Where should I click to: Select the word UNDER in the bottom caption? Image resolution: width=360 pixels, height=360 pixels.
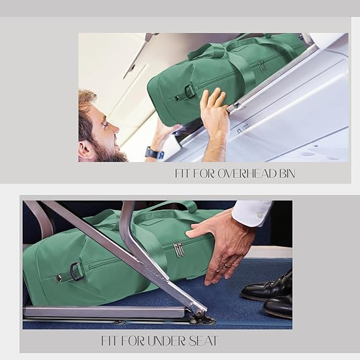(166, 341)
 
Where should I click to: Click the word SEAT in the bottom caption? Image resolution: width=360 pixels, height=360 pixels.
(203, 341)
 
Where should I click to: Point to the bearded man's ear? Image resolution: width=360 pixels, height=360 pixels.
(85, 151)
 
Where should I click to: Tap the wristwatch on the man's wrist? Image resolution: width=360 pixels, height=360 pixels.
(154, 153)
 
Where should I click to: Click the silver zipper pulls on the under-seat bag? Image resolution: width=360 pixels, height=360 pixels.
(178, 249)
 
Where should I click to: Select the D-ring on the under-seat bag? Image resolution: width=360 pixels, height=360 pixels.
(76, 269)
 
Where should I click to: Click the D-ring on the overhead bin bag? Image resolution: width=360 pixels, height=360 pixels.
(190, 90)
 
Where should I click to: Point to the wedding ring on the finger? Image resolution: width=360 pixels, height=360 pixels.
(227, 266)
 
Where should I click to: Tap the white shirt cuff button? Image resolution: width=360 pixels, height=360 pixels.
(260, 216)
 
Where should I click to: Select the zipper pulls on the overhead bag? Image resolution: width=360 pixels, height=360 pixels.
(263, 66)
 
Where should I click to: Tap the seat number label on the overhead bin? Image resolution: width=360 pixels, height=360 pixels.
(242, 129)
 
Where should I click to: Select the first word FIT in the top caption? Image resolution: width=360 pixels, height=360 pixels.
(183, 173)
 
